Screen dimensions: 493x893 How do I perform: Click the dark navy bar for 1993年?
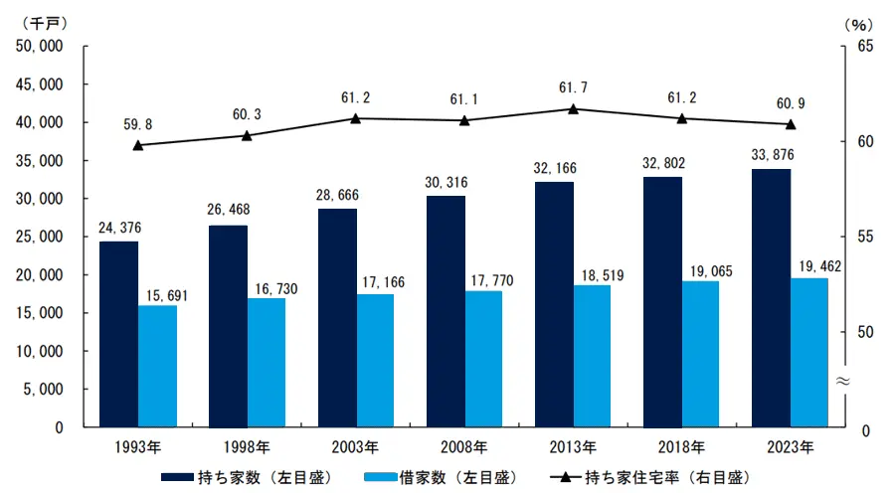click(118, 334)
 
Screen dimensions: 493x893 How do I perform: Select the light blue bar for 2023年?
click(808, 353)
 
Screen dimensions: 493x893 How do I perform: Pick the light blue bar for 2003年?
click(375, 361)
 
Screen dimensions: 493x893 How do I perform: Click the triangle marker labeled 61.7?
click(573, 108)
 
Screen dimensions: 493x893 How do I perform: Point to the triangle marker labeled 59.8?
click(138, 145)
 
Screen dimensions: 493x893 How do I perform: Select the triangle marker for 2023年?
click(791, 124)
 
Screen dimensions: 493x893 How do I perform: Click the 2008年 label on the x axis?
click(464, 445)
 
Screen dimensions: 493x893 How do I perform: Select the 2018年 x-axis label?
click(681, 445)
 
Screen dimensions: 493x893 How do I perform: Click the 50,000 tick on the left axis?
click(40, 46)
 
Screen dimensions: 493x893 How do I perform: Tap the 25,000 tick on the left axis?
click(40, 237)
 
